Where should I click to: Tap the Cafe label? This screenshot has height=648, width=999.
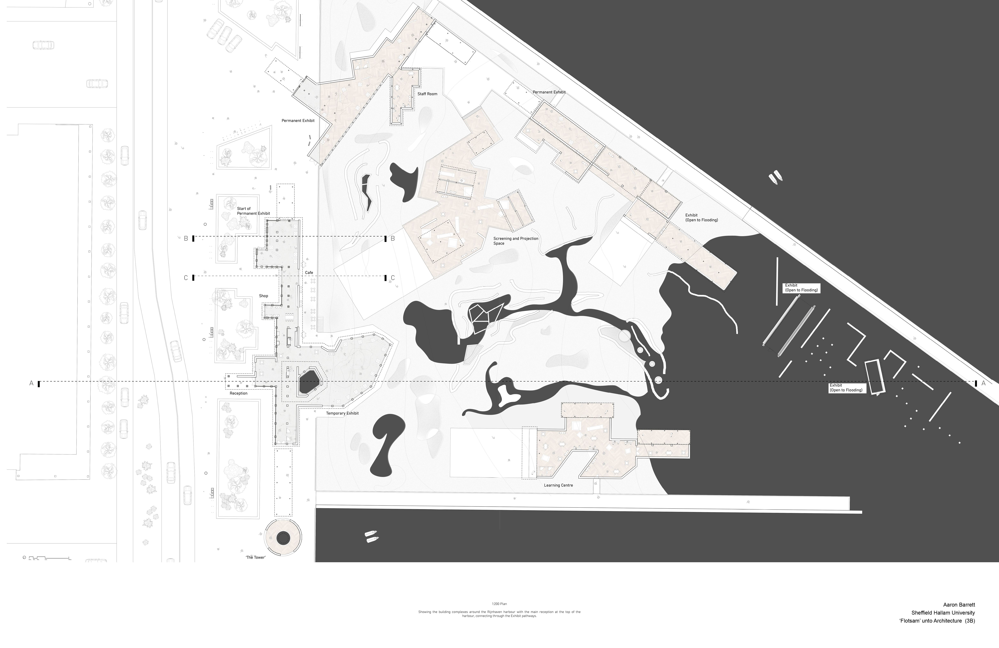(309, 273)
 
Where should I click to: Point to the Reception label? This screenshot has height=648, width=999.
(238, 393)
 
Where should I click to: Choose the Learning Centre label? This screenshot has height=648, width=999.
(558, 485)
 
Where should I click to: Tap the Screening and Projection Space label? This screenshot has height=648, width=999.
(515, 241)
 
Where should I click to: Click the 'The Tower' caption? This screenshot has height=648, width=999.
(256, 557)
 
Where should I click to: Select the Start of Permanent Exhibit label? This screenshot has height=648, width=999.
(253, 211)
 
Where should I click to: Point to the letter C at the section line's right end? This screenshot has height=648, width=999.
(393, 278)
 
